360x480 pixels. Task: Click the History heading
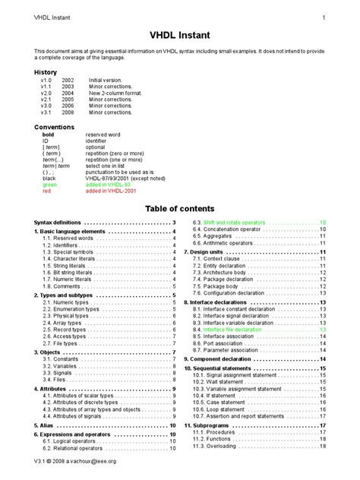pos(46,72)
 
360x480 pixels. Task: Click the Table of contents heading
pos(180,208)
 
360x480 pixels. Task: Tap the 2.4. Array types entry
pos(63,322)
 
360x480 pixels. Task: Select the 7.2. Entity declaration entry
pos(227,267)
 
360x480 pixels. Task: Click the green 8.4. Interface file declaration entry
pos(236,330)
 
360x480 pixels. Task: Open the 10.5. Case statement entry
pos(227,402)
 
